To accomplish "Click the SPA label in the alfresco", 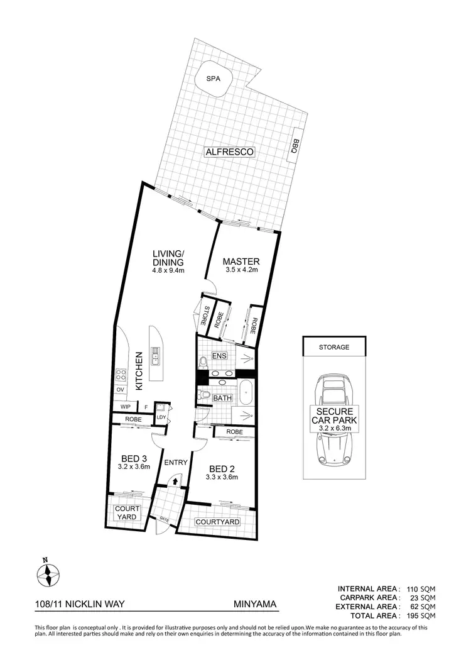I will point(215,80).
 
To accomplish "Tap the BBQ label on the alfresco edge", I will point(293,146).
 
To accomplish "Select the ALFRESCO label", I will point(229,152).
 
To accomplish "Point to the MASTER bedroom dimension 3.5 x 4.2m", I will point(242,271).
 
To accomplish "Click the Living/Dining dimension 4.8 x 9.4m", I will point(167,271).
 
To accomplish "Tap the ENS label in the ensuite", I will point(219,356).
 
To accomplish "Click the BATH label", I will point(222,398).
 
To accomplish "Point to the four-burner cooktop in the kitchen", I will point(121,376).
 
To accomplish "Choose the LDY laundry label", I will point(161,417).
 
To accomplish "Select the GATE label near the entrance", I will point(164,519).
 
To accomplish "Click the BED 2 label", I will point(223,468).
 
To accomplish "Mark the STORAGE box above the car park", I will point(333,346).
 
